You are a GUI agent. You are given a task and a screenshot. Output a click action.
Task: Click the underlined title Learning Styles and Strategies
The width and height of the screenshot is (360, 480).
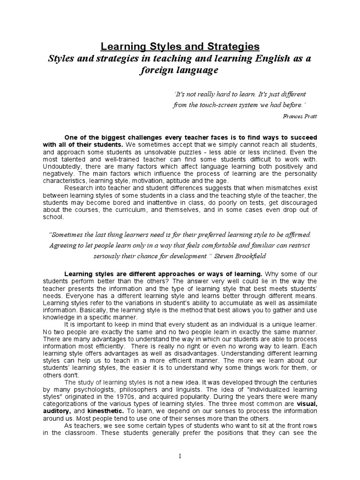coord(180,47)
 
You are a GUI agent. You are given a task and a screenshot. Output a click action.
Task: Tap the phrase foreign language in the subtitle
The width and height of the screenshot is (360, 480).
coord(180,71)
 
